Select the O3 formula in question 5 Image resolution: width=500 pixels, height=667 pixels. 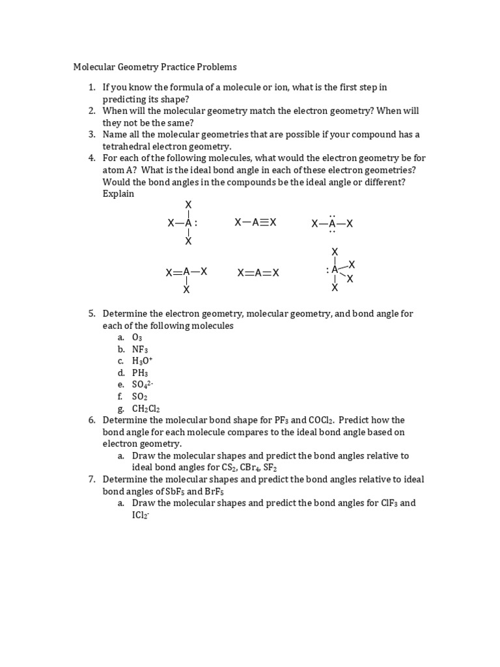coord(137,337)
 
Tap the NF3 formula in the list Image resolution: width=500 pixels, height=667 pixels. coord(140,349)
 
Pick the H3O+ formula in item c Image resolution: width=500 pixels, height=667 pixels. coord(142,361)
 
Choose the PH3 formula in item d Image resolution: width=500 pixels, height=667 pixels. coord(140,373)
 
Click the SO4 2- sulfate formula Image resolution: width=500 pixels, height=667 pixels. coord(143,385)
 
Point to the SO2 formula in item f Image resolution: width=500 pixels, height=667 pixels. coord(140,397)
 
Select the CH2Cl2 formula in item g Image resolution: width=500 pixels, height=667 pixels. coord(146,409)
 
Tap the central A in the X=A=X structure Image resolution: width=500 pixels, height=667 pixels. coord(258,273)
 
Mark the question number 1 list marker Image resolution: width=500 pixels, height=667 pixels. coord(92,87)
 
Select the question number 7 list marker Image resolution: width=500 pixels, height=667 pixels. coord(92,479)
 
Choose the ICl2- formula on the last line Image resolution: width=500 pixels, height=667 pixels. coord(141,515)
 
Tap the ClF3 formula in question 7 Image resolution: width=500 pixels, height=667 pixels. coord(391,504)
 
